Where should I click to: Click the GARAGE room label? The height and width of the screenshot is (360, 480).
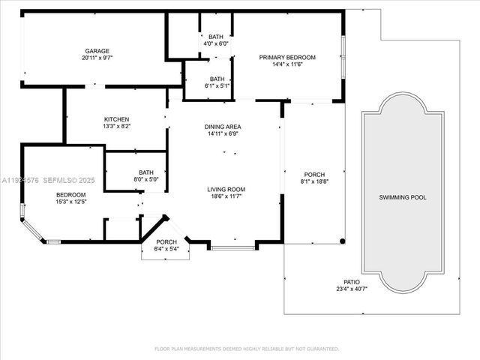[x=96, y=51]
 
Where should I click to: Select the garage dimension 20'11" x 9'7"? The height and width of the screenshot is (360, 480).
[x=96, y=58]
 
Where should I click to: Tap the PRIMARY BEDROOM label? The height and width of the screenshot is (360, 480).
[x=287, y=57]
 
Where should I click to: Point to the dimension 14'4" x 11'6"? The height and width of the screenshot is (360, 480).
[x=287, y=64]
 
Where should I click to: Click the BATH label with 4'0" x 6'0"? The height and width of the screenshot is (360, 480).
[x=216, y=37]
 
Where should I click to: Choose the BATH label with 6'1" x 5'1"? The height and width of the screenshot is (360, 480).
[x=217, y=79]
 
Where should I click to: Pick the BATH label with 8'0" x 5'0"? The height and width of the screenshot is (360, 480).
[x=145, y=172]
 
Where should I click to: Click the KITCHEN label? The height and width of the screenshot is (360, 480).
[x=116, y=119]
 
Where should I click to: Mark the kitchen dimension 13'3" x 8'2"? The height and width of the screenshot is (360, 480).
[x=116, y=126]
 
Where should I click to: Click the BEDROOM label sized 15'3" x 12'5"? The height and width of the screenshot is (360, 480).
[x=71, y=195]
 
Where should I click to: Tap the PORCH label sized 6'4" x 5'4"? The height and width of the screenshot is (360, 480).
[x=166, y=241]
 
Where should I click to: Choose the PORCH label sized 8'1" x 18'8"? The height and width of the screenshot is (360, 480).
[x=314, y=174]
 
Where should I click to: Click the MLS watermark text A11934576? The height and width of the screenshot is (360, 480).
[x=22, y=180]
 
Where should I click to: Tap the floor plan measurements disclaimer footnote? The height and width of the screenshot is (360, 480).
[x=247, y=349]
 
